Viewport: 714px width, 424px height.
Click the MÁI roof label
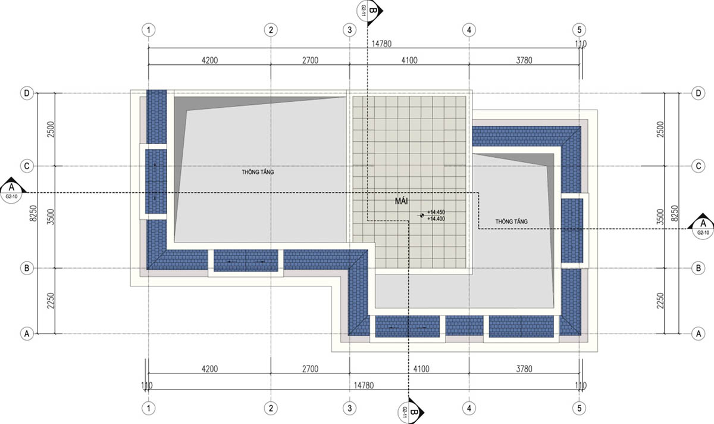coord(401,201)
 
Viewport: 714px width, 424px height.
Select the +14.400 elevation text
coord(436,219)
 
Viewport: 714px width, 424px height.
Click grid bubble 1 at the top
coord(149,30)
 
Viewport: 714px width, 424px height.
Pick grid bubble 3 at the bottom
coord(350,408)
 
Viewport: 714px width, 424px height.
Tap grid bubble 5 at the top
coord(579,30)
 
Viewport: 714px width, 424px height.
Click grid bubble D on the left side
coord(27,93)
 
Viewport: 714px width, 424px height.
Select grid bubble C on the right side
coord(699,166)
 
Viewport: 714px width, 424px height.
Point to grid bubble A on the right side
coord(699,333)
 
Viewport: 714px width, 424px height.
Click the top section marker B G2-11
coord(369,11)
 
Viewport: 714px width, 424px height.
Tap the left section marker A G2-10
coord(12,191)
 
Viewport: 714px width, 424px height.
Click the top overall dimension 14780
coord(381,43)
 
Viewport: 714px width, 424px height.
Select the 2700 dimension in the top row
coord(310,60)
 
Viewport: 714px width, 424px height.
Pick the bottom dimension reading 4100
coord(421,369)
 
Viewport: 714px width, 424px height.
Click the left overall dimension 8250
coord(33,213)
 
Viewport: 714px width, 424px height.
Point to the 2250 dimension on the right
coord(660,301)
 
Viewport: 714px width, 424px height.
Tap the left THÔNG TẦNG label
coord(258,172)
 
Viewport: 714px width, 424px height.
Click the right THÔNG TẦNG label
coord(511,222)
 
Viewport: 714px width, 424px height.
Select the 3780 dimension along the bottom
coord(524,369)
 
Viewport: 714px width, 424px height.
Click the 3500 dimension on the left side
coord(51,217)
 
